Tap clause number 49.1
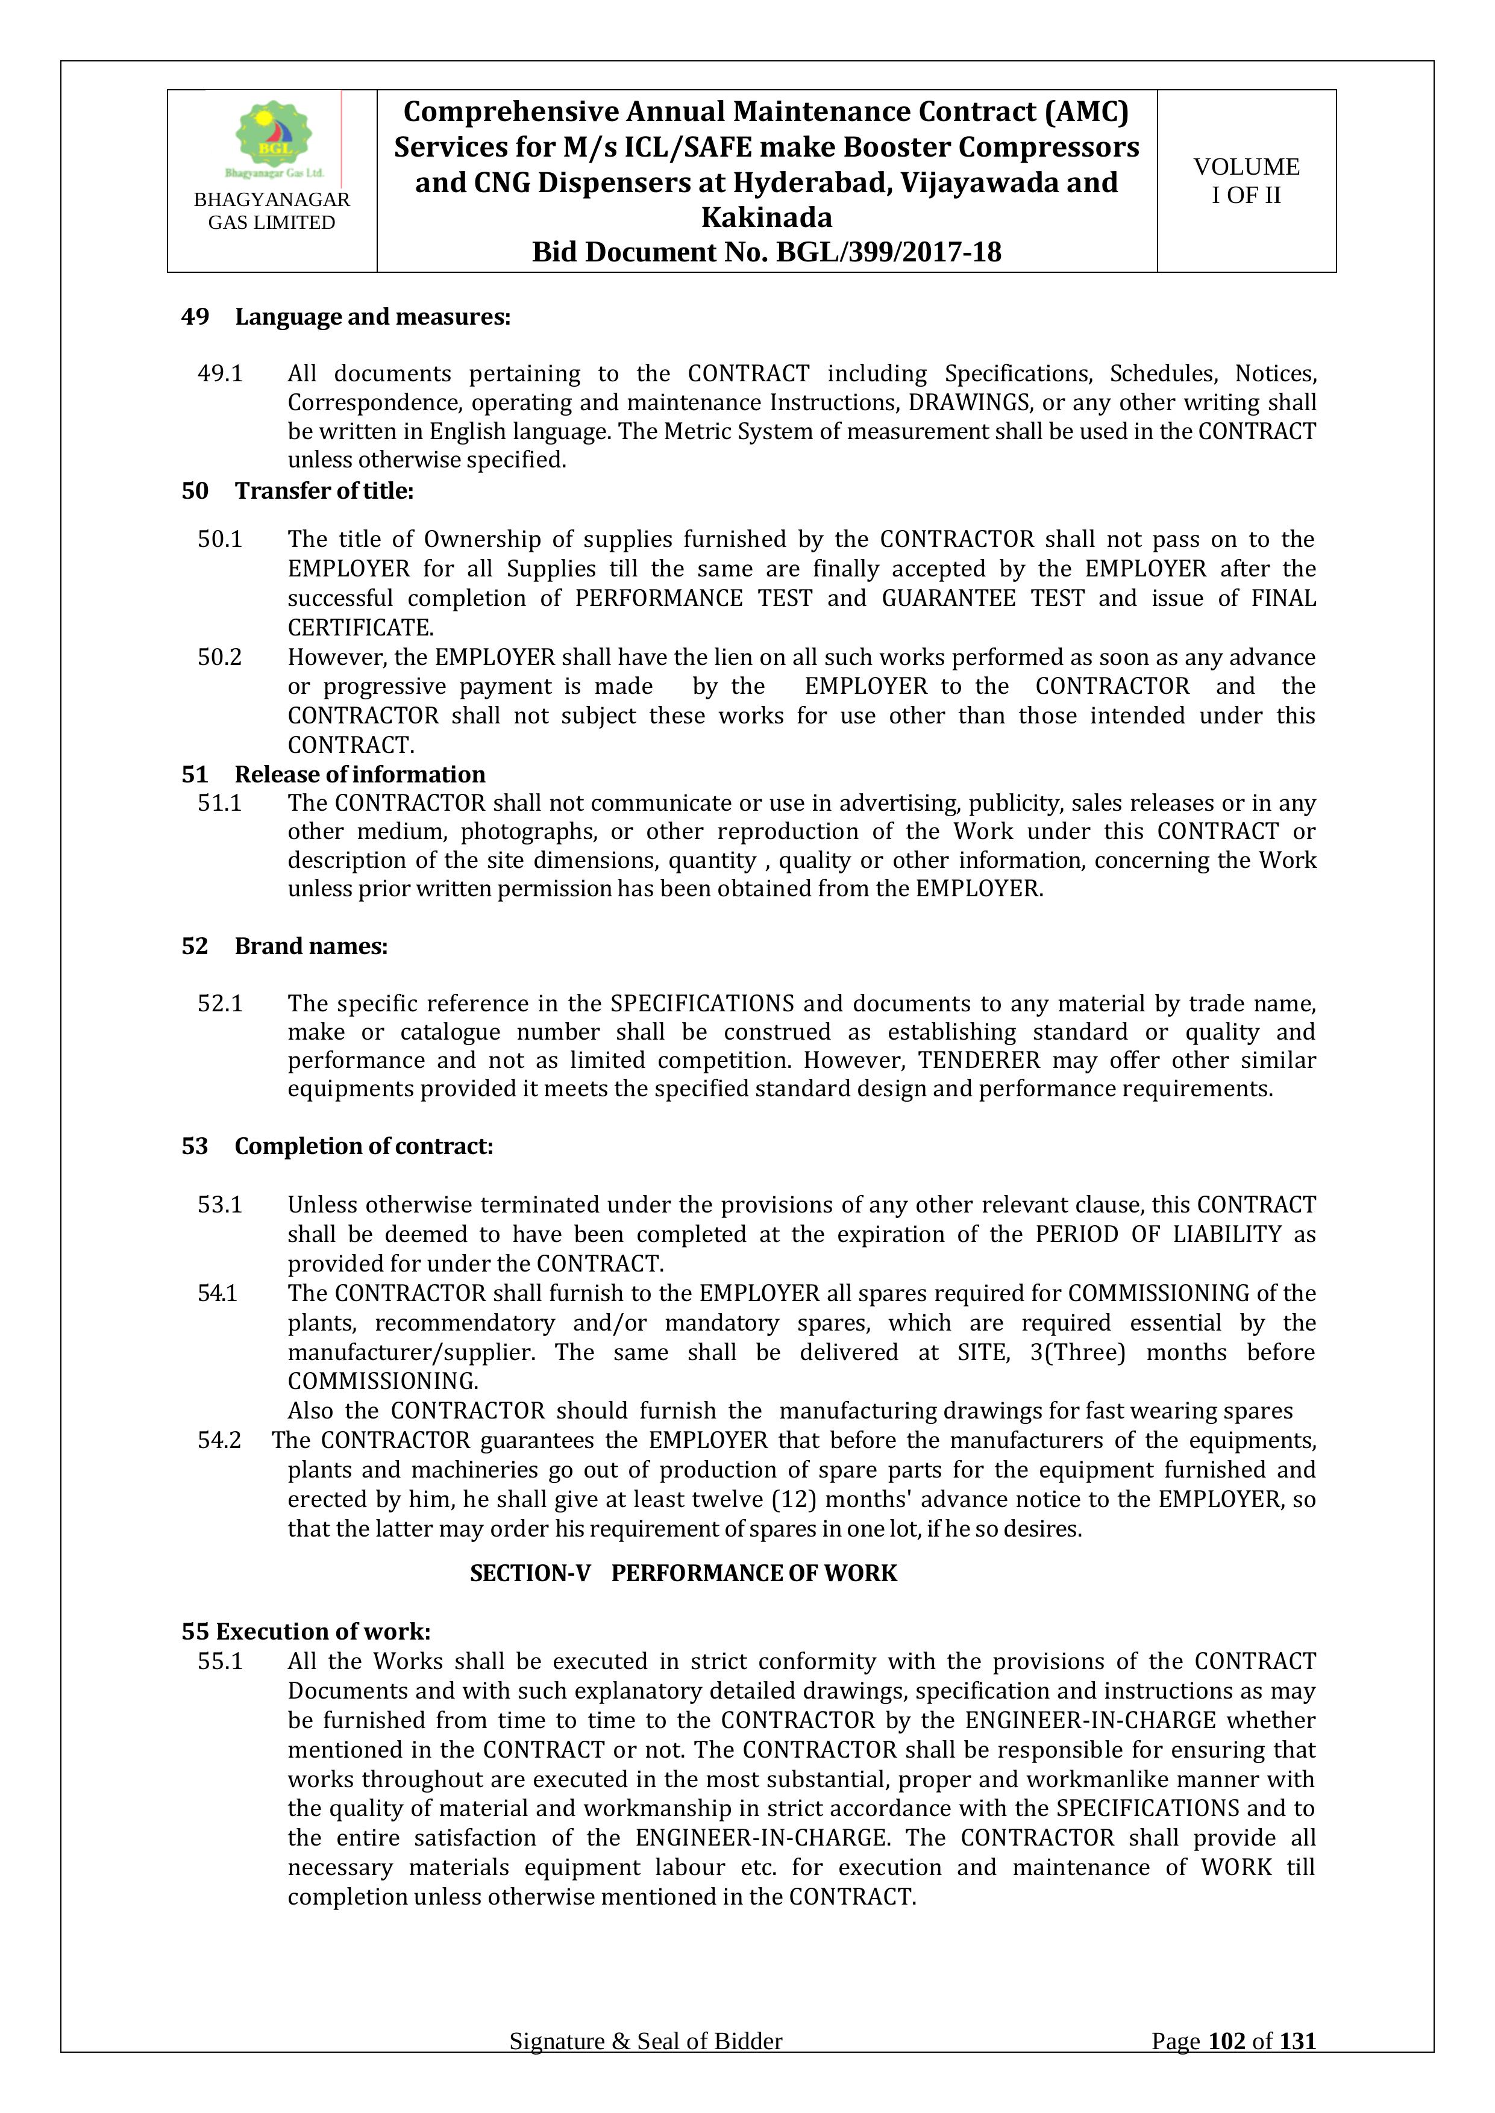[x=220, y=373]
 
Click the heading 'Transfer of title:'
[x=324, y=490]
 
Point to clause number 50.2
[x=220, y=657]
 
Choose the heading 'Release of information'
[x=359, y=774]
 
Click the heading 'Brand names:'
[x=311, y=946]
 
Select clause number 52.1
[x=220, y=1003]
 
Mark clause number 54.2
[x=220, y=1440]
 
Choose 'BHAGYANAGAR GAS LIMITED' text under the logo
[x=272, y=211]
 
